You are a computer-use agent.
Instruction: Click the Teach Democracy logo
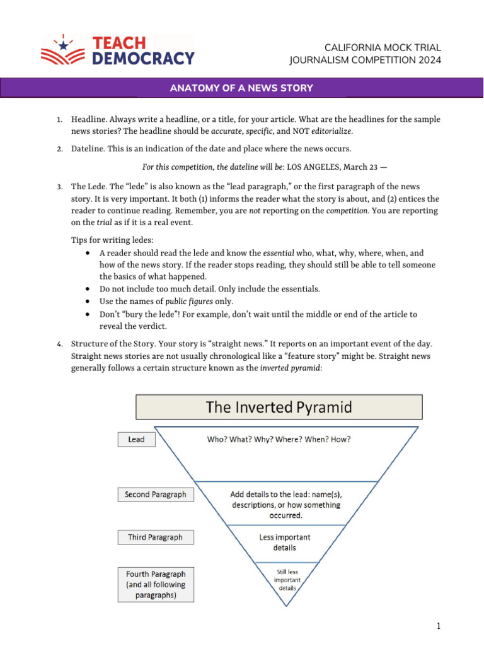click(118, 50)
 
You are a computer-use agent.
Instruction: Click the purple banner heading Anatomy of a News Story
click(241, 88)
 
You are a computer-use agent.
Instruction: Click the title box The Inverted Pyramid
click(279, 407)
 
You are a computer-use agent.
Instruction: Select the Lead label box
click(136, 439)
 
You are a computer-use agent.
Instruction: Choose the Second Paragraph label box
click(156, 495)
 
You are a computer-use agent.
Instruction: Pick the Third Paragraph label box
click(156, 537)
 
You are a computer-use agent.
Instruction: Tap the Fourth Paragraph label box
click(156, 584)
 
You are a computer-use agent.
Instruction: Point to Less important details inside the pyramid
click(285, 543)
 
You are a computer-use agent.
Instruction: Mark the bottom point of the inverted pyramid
click(287, 606)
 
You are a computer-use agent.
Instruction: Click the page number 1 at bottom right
click(438, 626)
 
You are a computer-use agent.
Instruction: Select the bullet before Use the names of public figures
click(87, 302)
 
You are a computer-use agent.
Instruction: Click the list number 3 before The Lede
click(59, 187)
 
